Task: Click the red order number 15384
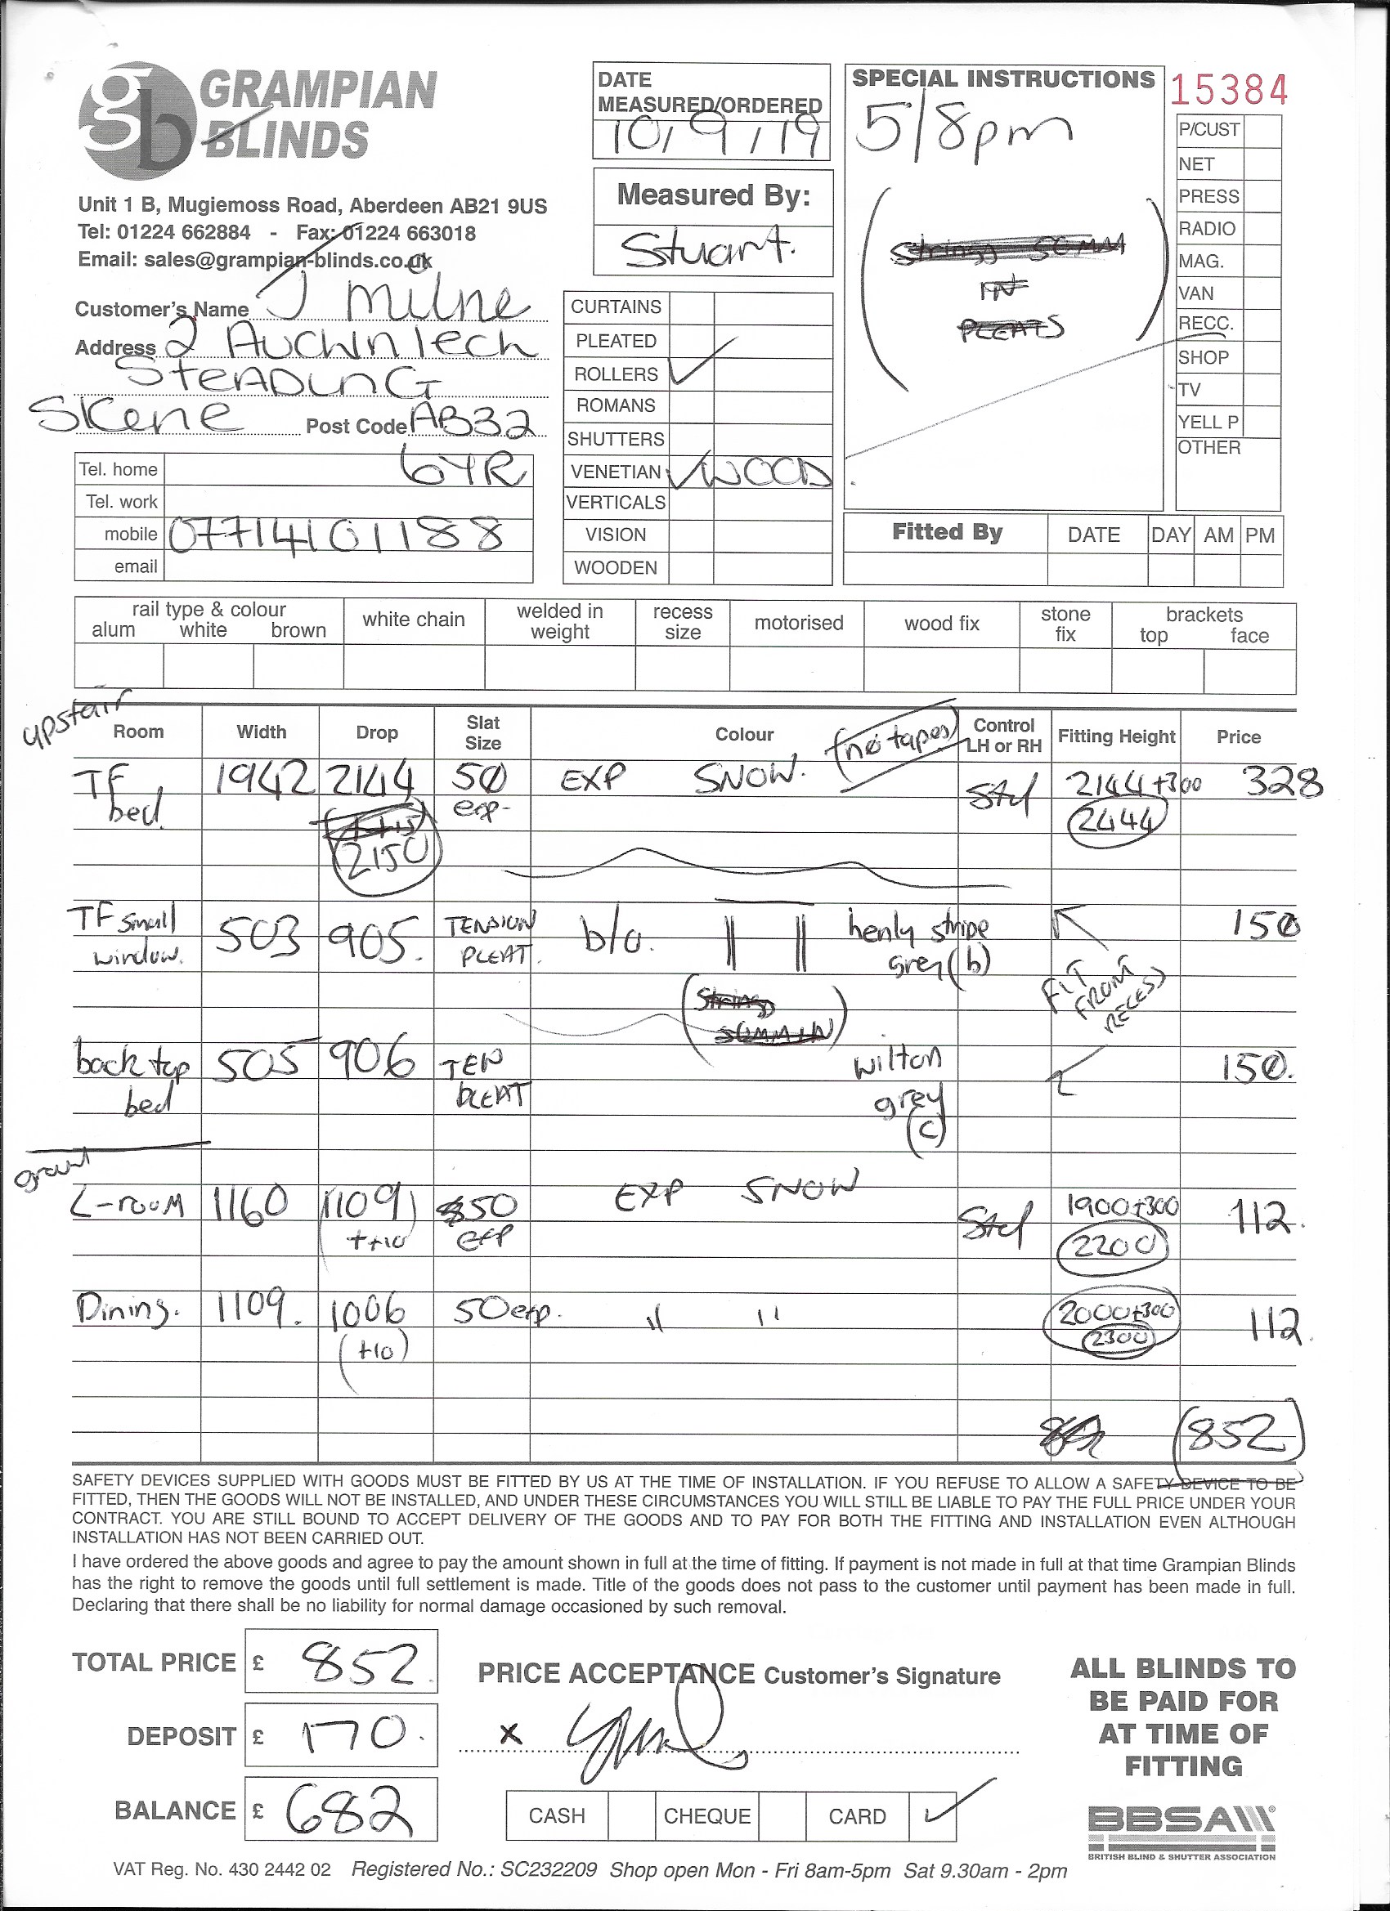tap(1230, 90)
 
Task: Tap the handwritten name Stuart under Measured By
tap(710, 249)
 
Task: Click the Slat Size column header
tap(483, 733)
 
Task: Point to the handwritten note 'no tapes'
tap(897, 741)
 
